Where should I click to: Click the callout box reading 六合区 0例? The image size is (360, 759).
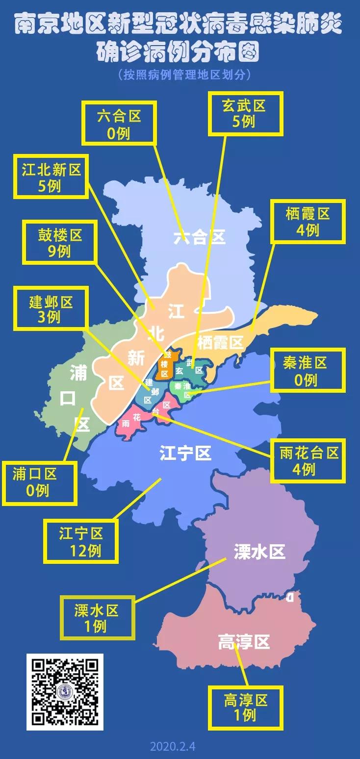click(119, 123)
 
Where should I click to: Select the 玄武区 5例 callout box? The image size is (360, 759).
click(246, 113)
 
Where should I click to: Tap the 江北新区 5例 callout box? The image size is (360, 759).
click(51, 177)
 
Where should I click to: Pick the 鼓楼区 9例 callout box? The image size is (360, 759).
click(60, 243)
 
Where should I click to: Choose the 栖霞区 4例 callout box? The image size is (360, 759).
click(308, 221)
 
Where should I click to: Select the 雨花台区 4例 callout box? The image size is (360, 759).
click(308, 460)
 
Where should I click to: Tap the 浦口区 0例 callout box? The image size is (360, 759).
click(39, 483)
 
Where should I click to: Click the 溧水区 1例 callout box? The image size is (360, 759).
click(97, 617)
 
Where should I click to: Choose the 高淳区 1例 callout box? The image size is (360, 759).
click(246, 707)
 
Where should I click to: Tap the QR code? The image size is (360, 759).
click(65, 692)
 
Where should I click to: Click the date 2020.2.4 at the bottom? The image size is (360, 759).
click(173, 747)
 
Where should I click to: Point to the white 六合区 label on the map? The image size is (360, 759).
click(200, 238)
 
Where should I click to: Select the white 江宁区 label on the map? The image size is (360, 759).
click(185, 454)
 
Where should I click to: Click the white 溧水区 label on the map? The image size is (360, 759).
click(259, 552)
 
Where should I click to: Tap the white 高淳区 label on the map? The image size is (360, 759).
click(244, 641)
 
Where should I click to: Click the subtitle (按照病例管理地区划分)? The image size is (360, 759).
click(184, 75)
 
